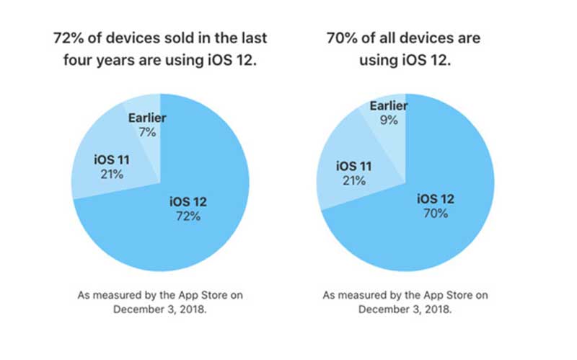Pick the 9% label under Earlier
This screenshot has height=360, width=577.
[389, 120]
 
